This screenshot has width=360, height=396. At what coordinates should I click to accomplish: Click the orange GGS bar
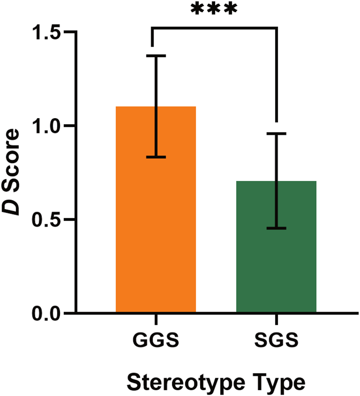[156, 240]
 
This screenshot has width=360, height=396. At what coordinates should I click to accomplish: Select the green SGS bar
[276, 269]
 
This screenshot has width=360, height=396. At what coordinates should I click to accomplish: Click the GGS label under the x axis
[156, 342]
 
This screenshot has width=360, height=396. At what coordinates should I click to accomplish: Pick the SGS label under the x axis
[276, 342]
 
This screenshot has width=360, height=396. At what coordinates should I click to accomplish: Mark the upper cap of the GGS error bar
[156, 56]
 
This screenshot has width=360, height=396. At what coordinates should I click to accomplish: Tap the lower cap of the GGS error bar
[156, 157]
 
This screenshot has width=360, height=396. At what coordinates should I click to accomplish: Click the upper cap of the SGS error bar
[276, 133]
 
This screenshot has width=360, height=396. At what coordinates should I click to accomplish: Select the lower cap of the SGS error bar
[276, 228]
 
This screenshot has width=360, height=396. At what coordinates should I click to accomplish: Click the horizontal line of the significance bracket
[214, 28]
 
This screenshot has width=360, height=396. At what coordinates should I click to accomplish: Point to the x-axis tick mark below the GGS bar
[156, 319]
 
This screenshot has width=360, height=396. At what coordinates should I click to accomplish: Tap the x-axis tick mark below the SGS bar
[276, 319]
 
